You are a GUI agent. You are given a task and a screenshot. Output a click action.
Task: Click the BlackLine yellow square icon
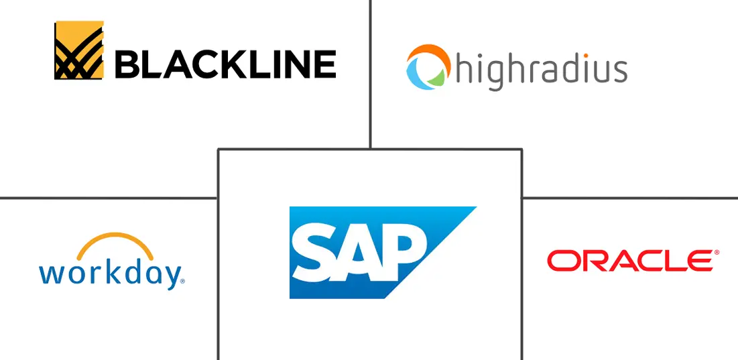click(x=79, y=50)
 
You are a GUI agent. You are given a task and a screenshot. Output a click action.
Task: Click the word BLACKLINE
click(x=225, y=64)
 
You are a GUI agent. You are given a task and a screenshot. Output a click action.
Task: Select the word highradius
click(x=541, y=70)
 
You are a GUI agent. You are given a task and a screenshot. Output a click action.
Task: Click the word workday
click(x=110, y=274)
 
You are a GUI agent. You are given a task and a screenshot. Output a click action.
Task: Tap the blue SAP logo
click(x=382, y=252)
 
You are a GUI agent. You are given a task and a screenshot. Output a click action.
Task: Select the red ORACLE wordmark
click(x=630, y=261)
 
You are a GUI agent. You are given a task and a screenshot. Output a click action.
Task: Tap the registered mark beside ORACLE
click(x=717, y=253)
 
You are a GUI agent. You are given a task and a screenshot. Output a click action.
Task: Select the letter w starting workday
click(x=50, y=275)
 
